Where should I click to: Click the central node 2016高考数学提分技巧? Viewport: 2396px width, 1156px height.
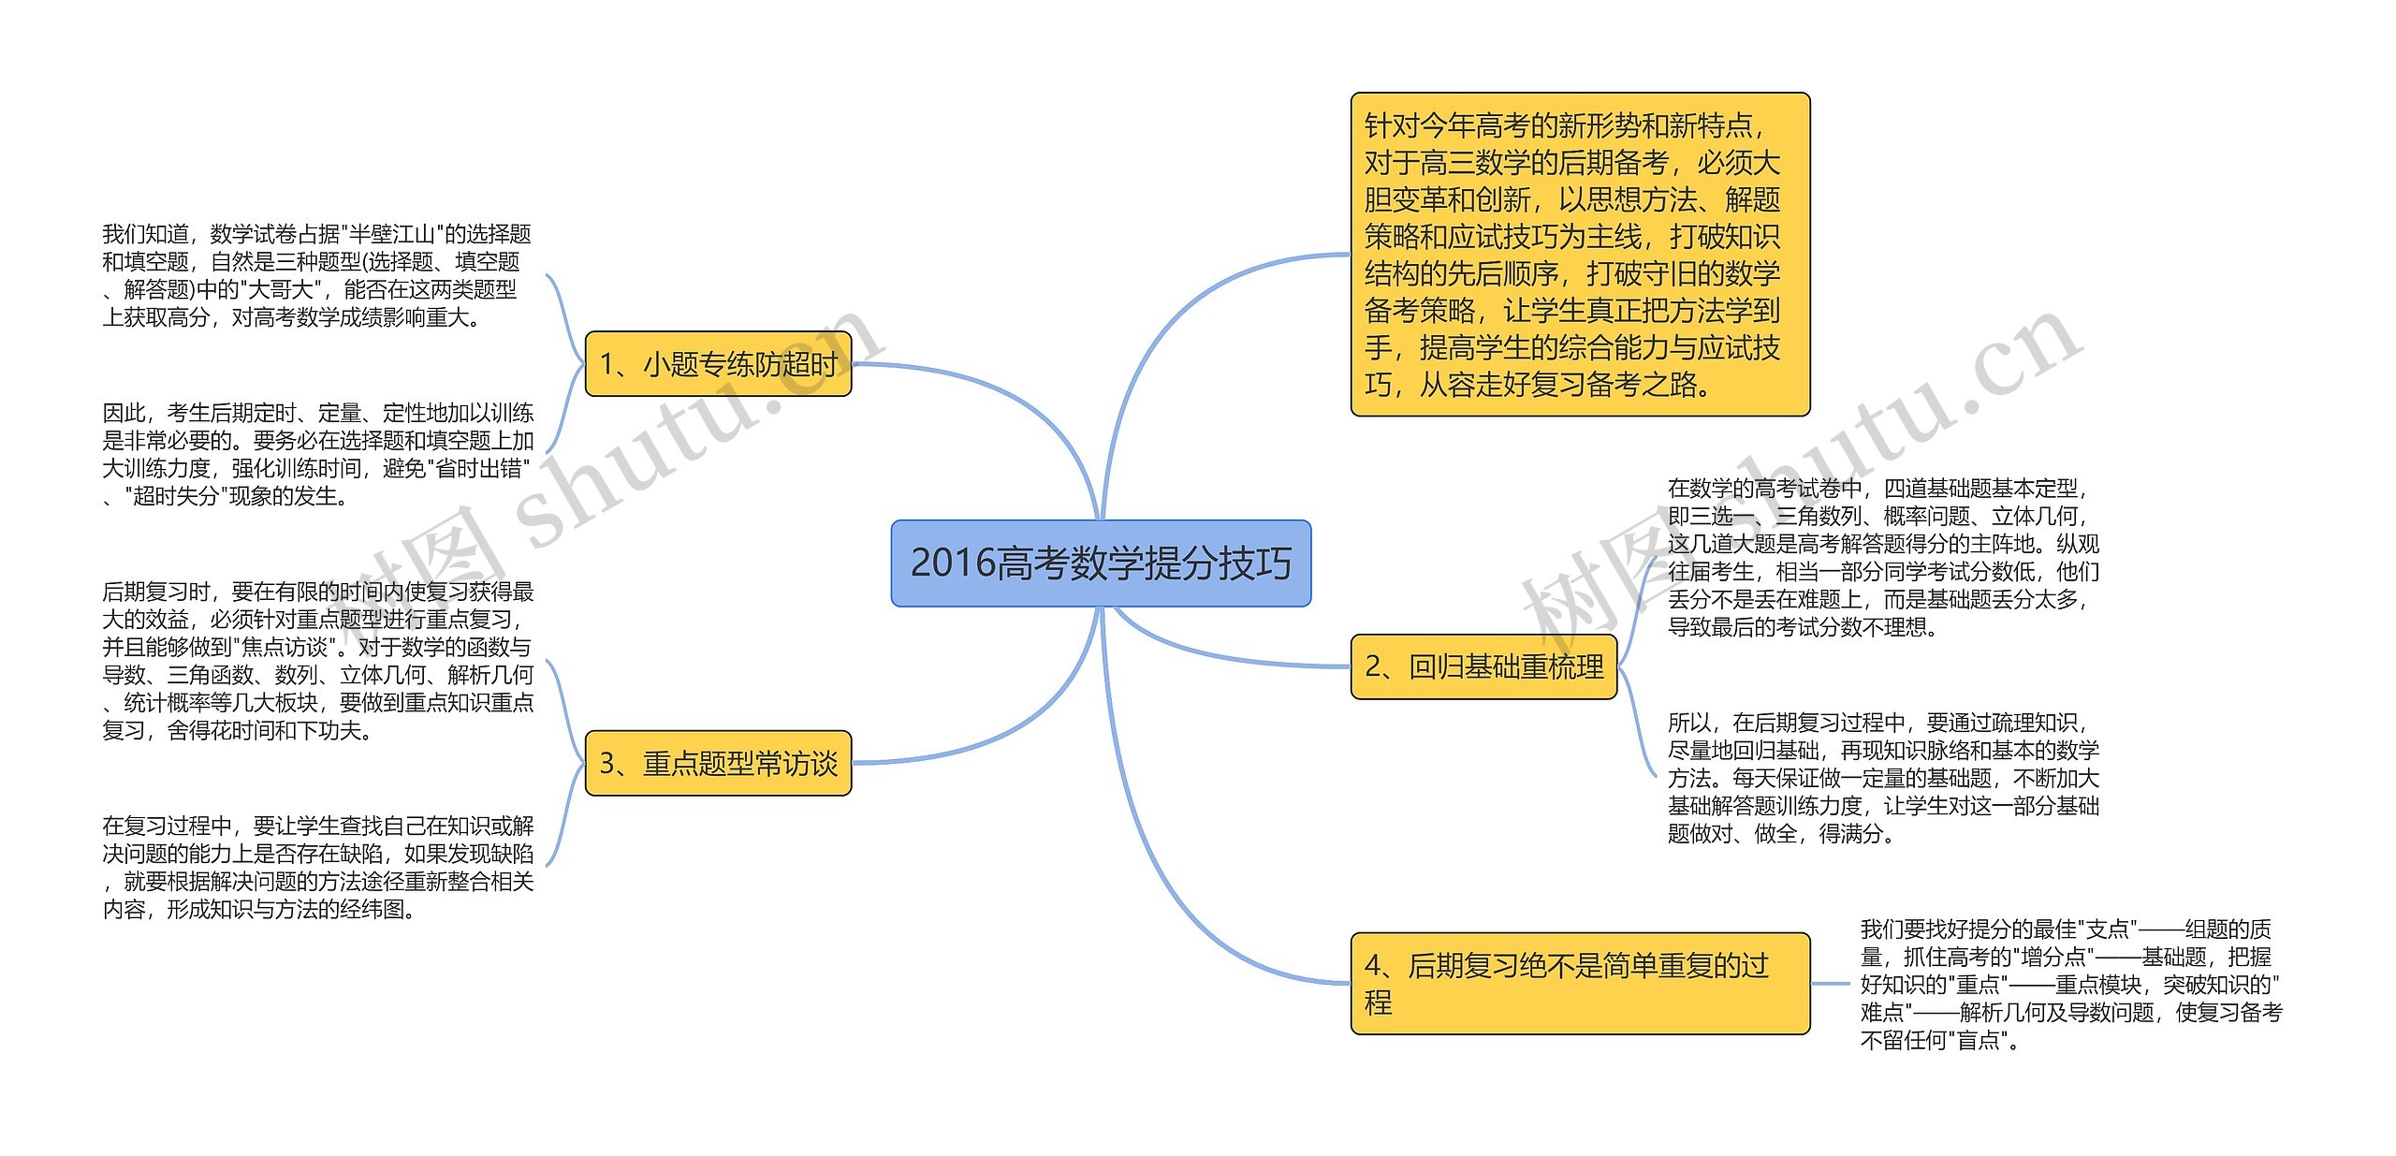point(1101,563)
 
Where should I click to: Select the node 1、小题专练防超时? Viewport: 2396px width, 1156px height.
point(718,363)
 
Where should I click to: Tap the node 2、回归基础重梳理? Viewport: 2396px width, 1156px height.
point(1483,666)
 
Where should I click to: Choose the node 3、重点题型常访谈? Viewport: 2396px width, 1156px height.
point(718,764)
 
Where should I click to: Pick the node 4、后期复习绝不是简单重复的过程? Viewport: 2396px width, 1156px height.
point(1580,983)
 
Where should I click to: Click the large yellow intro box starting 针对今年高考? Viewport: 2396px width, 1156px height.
point(1580,255)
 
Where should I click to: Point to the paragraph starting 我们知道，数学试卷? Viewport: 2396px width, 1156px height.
point(316,275)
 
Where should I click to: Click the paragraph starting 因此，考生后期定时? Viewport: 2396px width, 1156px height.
point(316,454)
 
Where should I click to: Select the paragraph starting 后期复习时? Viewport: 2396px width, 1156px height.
point(316,660)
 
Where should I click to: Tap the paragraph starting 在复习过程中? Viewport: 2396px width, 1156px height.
point(316,867)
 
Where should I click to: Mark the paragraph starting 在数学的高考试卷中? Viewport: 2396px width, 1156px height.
point(1883,557)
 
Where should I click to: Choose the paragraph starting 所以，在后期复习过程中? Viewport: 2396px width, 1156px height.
point(1883,778)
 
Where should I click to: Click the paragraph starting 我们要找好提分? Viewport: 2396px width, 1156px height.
point(2070,984)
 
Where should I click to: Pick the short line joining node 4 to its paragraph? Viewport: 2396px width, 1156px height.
point(1833,984)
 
